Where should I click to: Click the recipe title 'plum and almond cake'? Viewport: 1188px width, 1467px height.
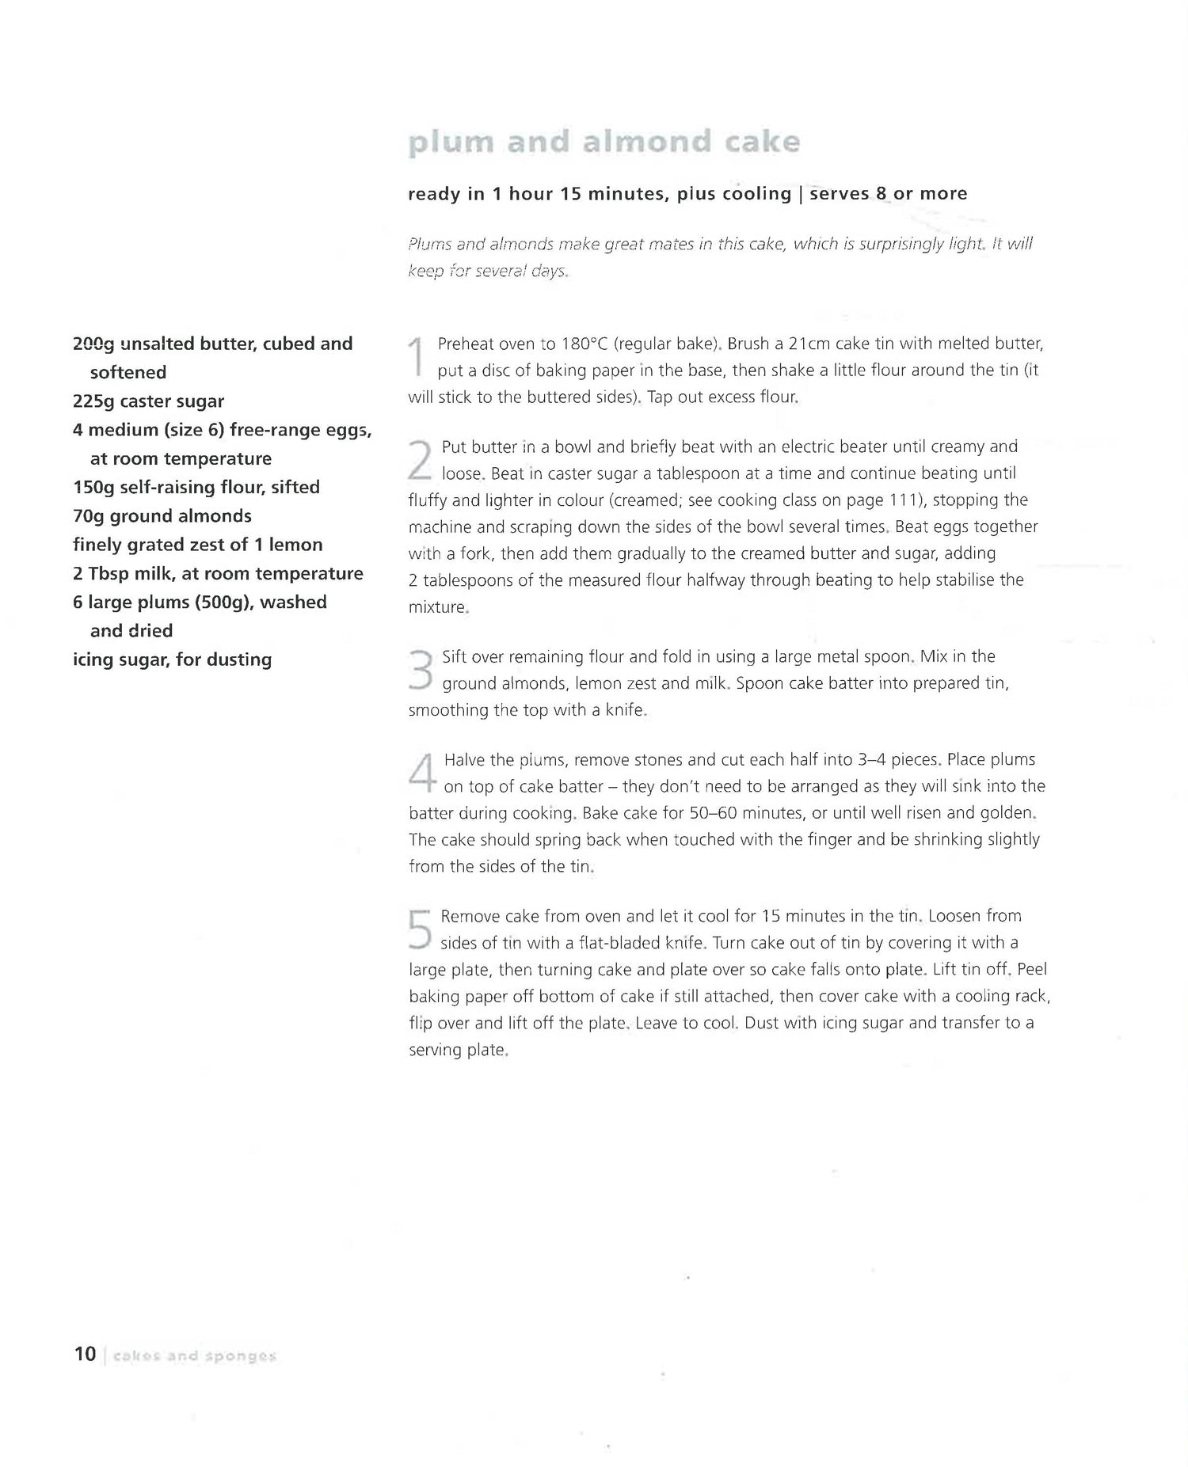pos(604,143)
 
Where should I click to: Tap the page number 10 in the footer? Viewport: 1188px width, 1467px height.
pos(85,1355)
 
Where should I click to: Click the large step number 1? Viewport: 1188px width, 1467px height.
pos(417,357)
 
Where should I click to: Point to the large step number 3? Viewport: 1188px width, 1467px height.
pos(421,670)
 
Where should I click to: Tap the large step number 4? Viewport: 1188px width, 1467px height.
pos(422,772)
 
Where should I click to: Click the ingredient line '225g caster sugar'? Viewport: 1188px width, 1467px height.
pos(148,401)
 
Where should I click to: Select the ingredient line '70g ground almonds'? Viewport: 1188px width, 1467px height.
pos(162,516)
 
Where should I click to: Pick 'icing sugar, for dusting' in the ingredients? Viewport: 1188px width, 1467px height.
pos(172,659)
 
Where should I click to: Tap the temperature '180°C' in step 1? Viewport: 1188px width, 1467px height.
pos(584,344)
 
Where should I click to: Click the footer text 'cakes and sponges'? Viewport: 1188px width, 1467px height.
pos(194,1356)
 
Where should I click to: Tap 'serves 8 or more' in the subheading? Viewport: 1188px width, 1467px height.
pos(888,194)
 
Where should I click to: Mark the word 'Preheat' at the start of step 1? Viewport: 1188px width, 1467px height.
pos(465,344)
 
